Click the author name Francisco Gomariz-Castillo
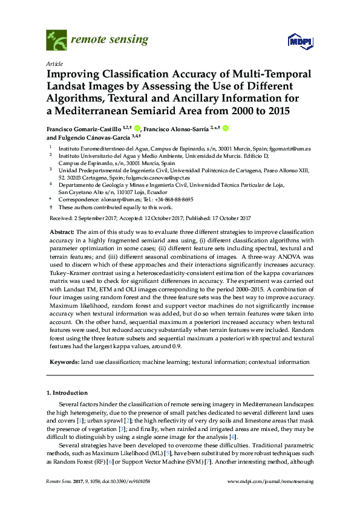pyautogui.click(x=80, y=128)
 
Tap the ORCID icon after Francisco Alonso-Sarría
pyautogui.click(x=226, y=128)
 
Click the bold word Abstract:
pyautogui.click(x=62, y=233)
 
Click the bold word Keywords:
pyautogui.click(x=64, y=361)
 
